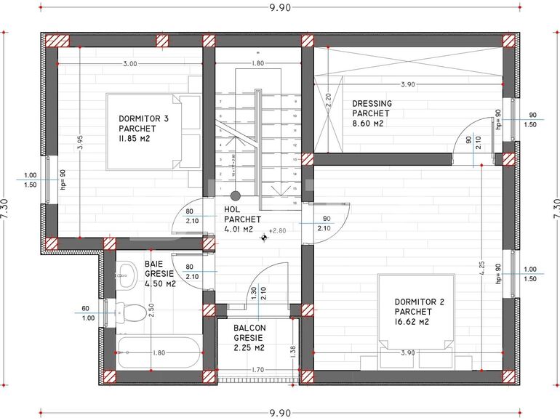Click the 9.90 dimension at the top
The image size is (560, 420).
coord(279,8)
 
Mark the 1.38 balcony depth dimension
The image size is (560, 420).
coord(292,351)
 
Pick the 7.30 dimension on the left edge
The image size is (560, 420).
coord(6,209)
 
